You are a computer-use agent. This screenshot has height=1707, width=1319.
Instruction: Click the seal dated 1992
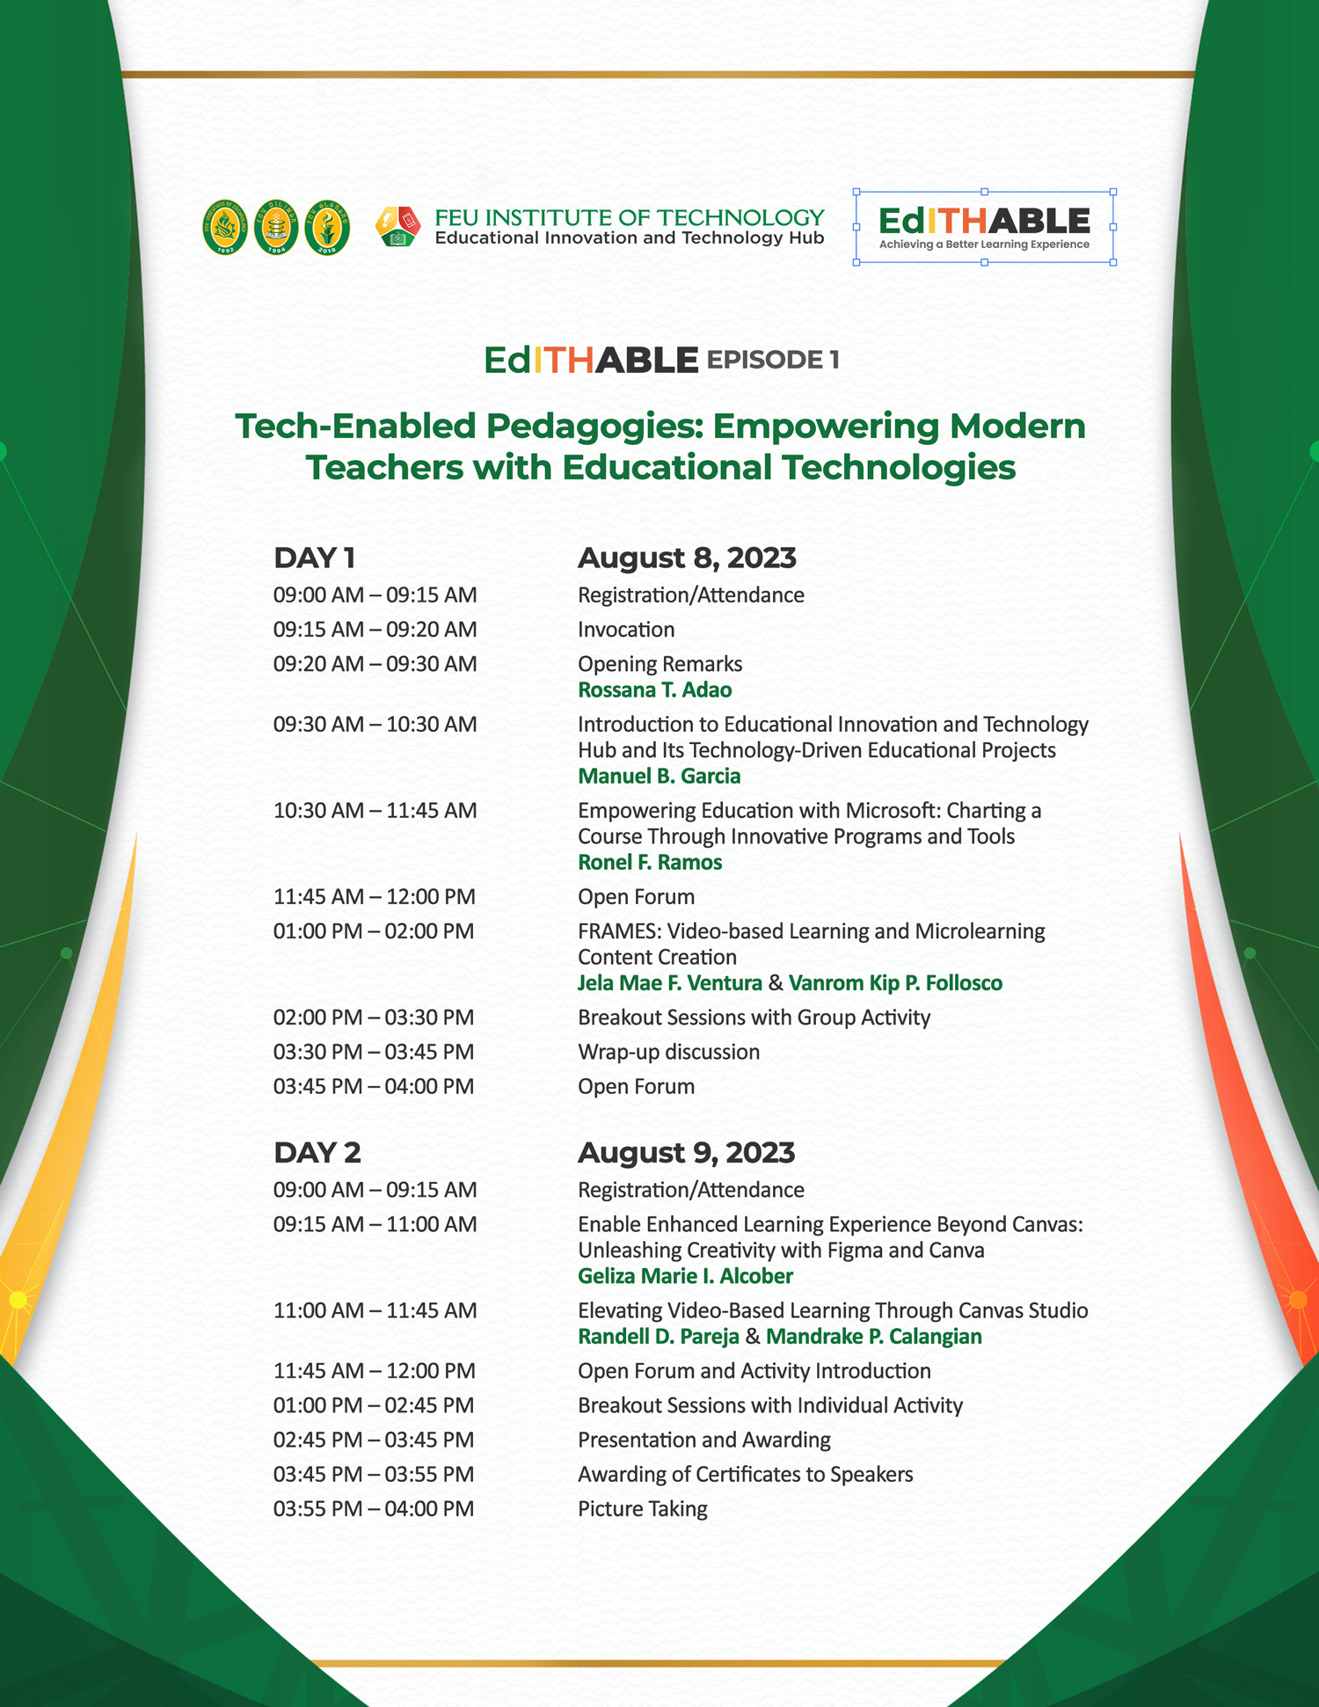(225, 227)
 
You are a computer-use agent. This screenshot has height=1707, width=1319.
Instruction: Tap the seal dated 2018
(327, 227)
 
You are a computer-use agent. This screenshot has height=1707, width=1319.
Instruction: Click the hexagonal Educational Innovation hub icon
(397, 227)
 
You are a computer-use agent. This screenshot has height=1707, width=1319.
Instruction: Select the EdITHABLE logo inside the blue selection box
(984, 227)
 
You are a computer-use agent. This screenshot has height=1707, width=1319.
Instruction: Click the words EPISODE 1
(773, 360)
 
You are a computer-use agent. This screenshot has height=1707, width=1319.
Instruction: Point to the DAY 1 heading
(314, 558)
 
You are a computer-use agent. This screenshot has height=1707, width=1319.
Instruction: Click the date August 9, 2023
(686, 1153)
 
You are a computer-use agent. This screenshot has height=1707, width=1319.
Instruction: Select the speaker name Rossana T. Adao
(654, 690)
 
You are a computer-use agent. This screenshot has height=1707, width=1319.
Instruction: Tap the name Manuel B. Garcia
(659, 777)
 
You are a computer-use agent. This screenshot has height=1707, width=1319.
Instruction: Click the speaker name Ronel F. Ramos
(650, 863)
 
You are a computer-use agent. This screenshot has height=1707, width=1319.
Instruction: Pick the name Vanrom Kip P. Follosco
(895, 983)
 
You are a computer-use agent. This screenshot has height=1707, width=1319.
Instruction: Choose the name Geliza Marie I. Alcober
(685, 1276)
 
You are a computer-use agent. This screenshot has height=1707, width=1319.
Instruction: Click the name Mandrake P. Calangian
(874, 1337)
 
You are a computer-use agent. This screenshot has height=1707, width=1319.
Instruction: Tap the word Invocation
(626, 630)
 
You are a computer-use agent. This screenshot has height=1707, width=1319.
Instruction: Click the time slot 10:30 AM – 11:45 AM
(375, 811)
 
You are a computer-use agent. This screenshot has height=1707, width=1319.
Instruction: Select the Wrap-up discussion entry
(668, 1053)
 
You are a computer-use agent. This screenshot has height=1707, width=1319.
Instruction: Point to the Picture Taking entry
(643, 1509)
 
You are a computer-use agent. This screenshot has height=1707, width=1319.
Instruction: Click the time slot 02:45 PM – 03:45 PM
(374, 1441)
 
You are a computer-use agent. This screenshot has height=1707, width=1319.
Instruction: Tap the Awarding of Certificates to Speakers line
(746, 1475)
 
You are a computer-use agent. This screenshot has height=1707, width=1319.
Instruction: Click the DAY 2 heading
(317, 1153)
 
